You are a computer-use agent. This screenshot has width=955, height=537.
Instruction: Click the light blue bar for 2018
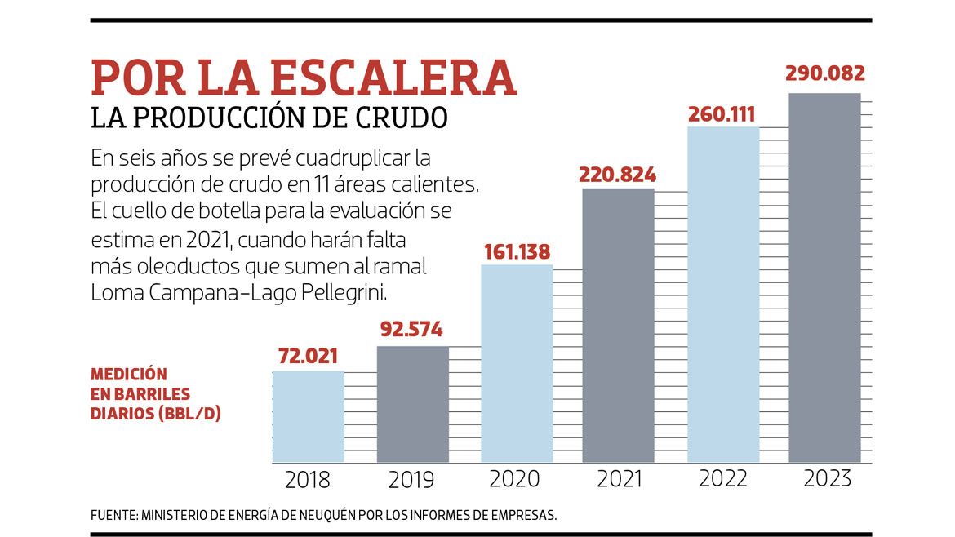308,417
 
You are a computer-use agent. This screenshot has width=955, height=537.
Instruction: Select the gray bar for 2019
412,405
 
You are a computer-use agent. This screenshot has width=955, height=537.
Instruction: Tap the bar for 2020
516,364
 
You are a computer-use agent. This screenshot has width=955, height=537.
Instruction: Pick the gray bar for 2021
618,326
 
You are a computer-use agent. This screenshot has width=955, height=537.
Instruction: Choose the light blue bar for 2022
723,295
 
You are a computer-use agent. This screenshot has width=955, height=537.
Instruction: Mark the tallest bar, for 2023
824,278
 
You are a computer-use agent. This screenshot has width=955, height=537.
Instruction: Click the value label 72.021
308,356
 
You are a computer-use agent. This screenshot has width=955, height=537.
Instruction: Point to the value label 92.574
411,331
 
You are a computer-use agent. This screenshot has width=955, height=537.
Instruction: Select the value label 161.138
516,251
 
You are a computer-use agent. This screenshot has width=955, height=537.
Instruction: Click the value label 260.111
723,113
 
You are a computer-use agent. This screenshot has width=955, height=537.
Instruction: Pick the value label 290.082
824,73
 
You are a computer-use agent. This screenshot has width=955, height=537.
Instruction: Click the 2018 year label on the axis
308,479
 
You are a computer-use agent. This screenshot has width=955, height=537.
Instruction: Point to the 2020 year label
515,479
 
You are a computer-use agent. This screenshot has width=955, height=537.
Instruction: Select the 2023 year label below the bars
827,479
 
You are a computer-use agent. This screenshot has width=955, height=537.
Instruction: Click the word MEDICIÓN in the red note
129,375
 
